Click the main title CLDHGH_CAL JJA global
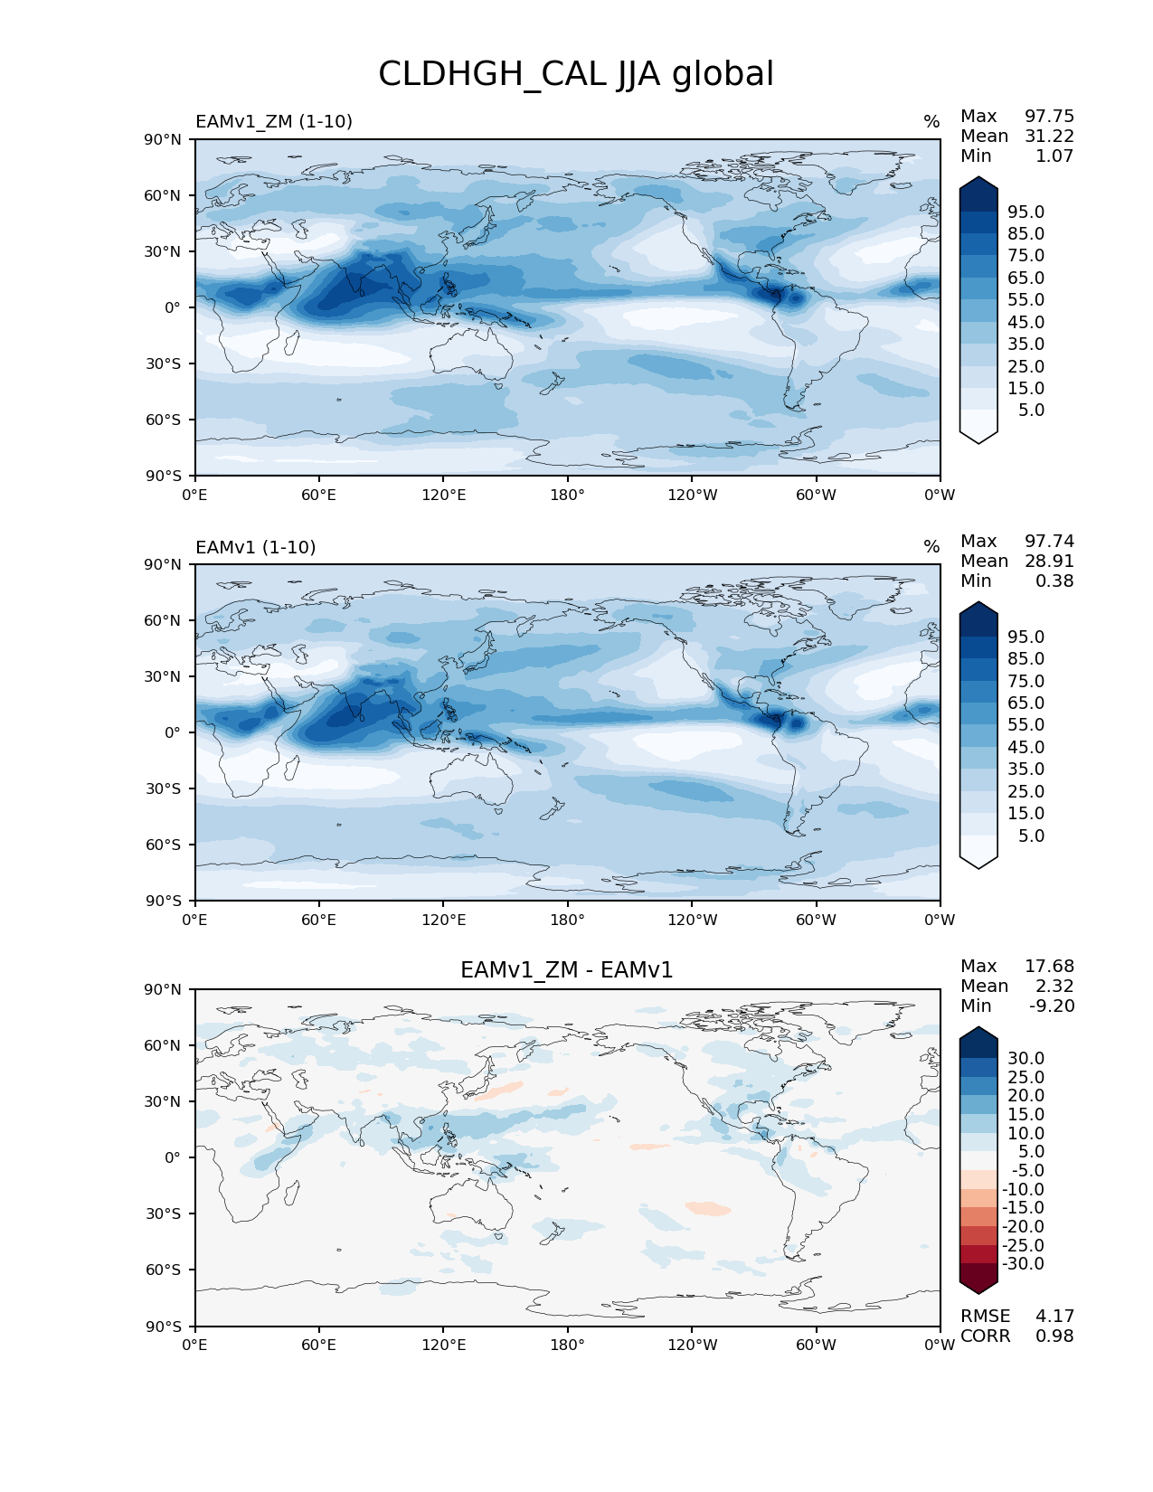[x=576, y=74]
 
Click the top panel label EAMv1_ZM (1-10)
[x=274, y=121]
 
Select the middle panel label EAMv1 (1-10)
[x=256, y=547]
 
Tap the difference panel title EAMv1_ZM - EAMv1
[x=567, y=970]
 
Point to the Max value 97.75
[x=1049, y=116]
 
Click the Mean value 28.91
[x=1049, y=561]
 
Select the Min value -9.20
[x=1052, y=1006]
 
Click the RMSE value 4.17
[x=1054, y=1316]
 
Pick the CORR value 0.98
[x=1054, y=1336]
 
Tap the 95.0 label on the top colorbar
[x=1025, y=212]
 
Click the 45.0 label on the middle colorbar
[x=1025, y=747]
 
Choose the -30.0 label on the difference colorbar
[x=1023, y=1263]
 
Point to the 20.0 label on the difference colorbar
[x=1025, y=1095]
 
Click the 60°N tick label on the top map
[x=164, y=195]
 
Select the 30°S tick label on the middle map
[x=164, y=788]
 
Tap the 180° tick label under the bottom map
[x=568, y=1345]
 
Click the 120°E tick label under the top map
[x=444, y=495]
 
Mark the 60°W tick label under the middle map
[x=816, y=920]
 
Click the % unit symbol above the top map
[x=931, y=122]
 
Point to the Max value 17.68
[x=1049, y=966]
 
